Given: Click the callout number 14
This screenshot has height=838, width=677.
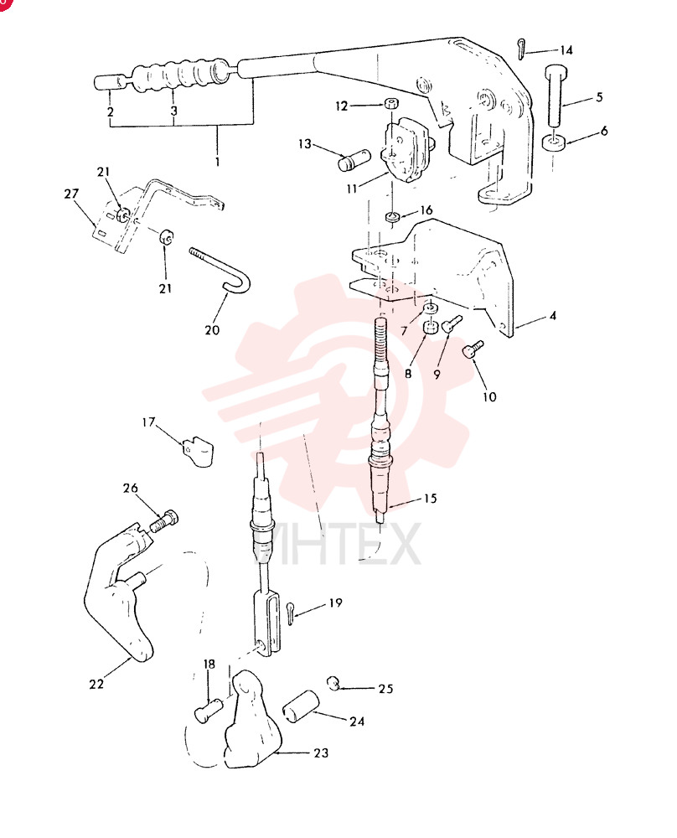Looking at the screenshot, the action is [566, 50].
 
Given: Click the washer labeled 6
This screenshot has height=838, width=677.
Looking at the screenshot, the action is [554, 143].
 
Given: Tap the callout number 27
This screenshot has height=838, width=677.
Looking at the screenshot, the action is [71, 194].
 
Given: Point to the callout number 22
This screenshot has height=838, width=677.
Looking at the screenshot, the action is [96, 684].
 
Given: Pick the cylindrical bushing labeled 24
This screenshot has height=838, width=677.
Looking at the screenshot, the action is [301, 706].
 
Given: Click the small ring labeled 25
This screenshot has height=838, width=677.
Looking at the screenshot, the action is [333, 683].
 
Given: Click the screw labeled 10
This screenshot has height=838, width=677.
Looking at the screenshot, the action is [473, 349].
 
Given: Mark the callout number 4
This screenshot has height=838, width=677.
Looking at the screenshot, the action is [552, 316].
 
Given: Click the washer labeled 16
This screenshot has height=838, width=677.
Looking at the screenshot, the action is [393, 217].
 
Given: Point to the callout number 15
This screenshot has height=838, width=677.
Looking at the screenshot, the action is [430, 499].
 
